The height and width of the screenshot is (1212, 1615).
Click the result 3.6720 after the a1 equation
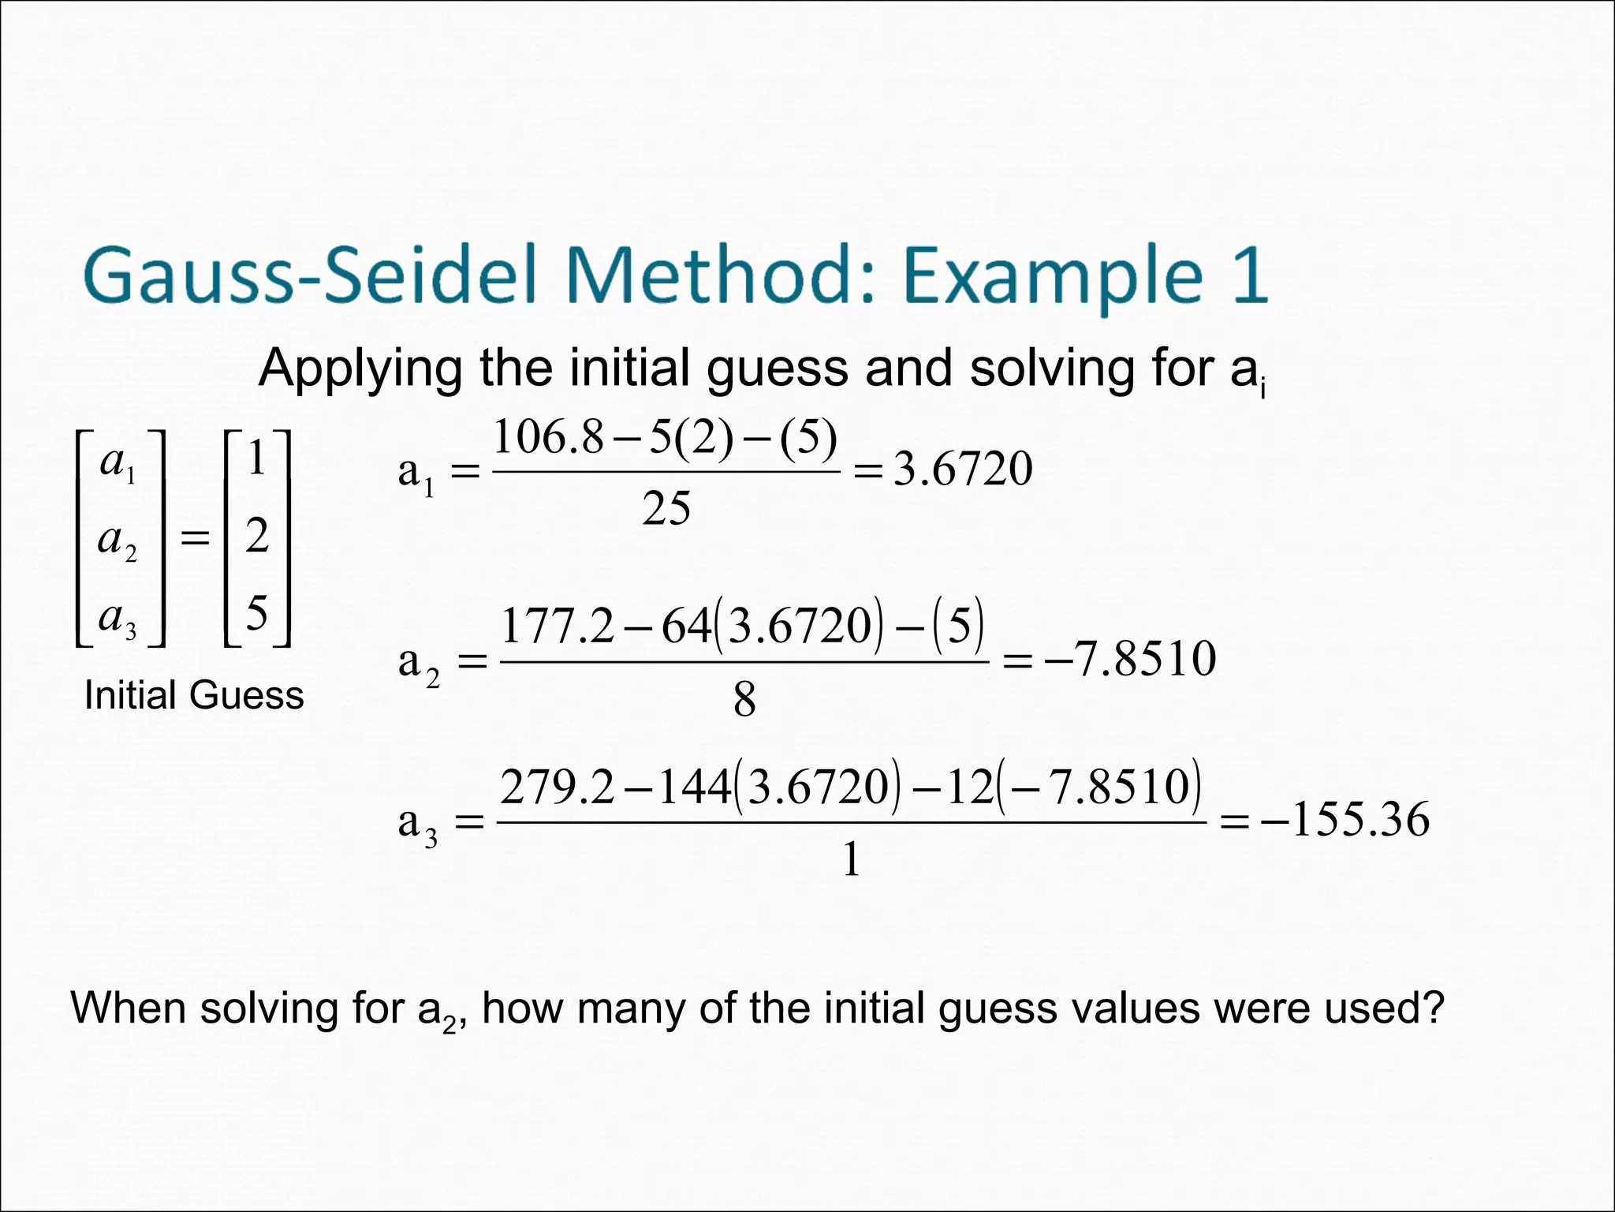pos(962,469)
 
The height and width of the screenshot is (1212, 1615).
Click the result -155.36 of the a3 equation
pos(1345,819)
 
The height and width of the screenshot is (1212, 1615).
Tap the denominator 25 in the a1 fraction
pos(666,508)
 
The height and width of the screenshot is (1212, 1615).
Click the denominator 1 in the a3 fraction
pos(851,859)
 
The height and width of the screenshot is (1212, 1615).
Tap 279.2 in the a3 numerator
pos(557,787)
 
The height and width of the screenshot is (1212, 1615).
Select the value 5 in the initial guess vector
pos(257,612)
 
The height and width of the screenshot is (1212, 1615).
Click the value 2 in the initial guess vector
pos(257,536)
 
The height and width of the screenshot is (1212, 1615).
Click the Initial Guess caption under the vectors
pos(194,695)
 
